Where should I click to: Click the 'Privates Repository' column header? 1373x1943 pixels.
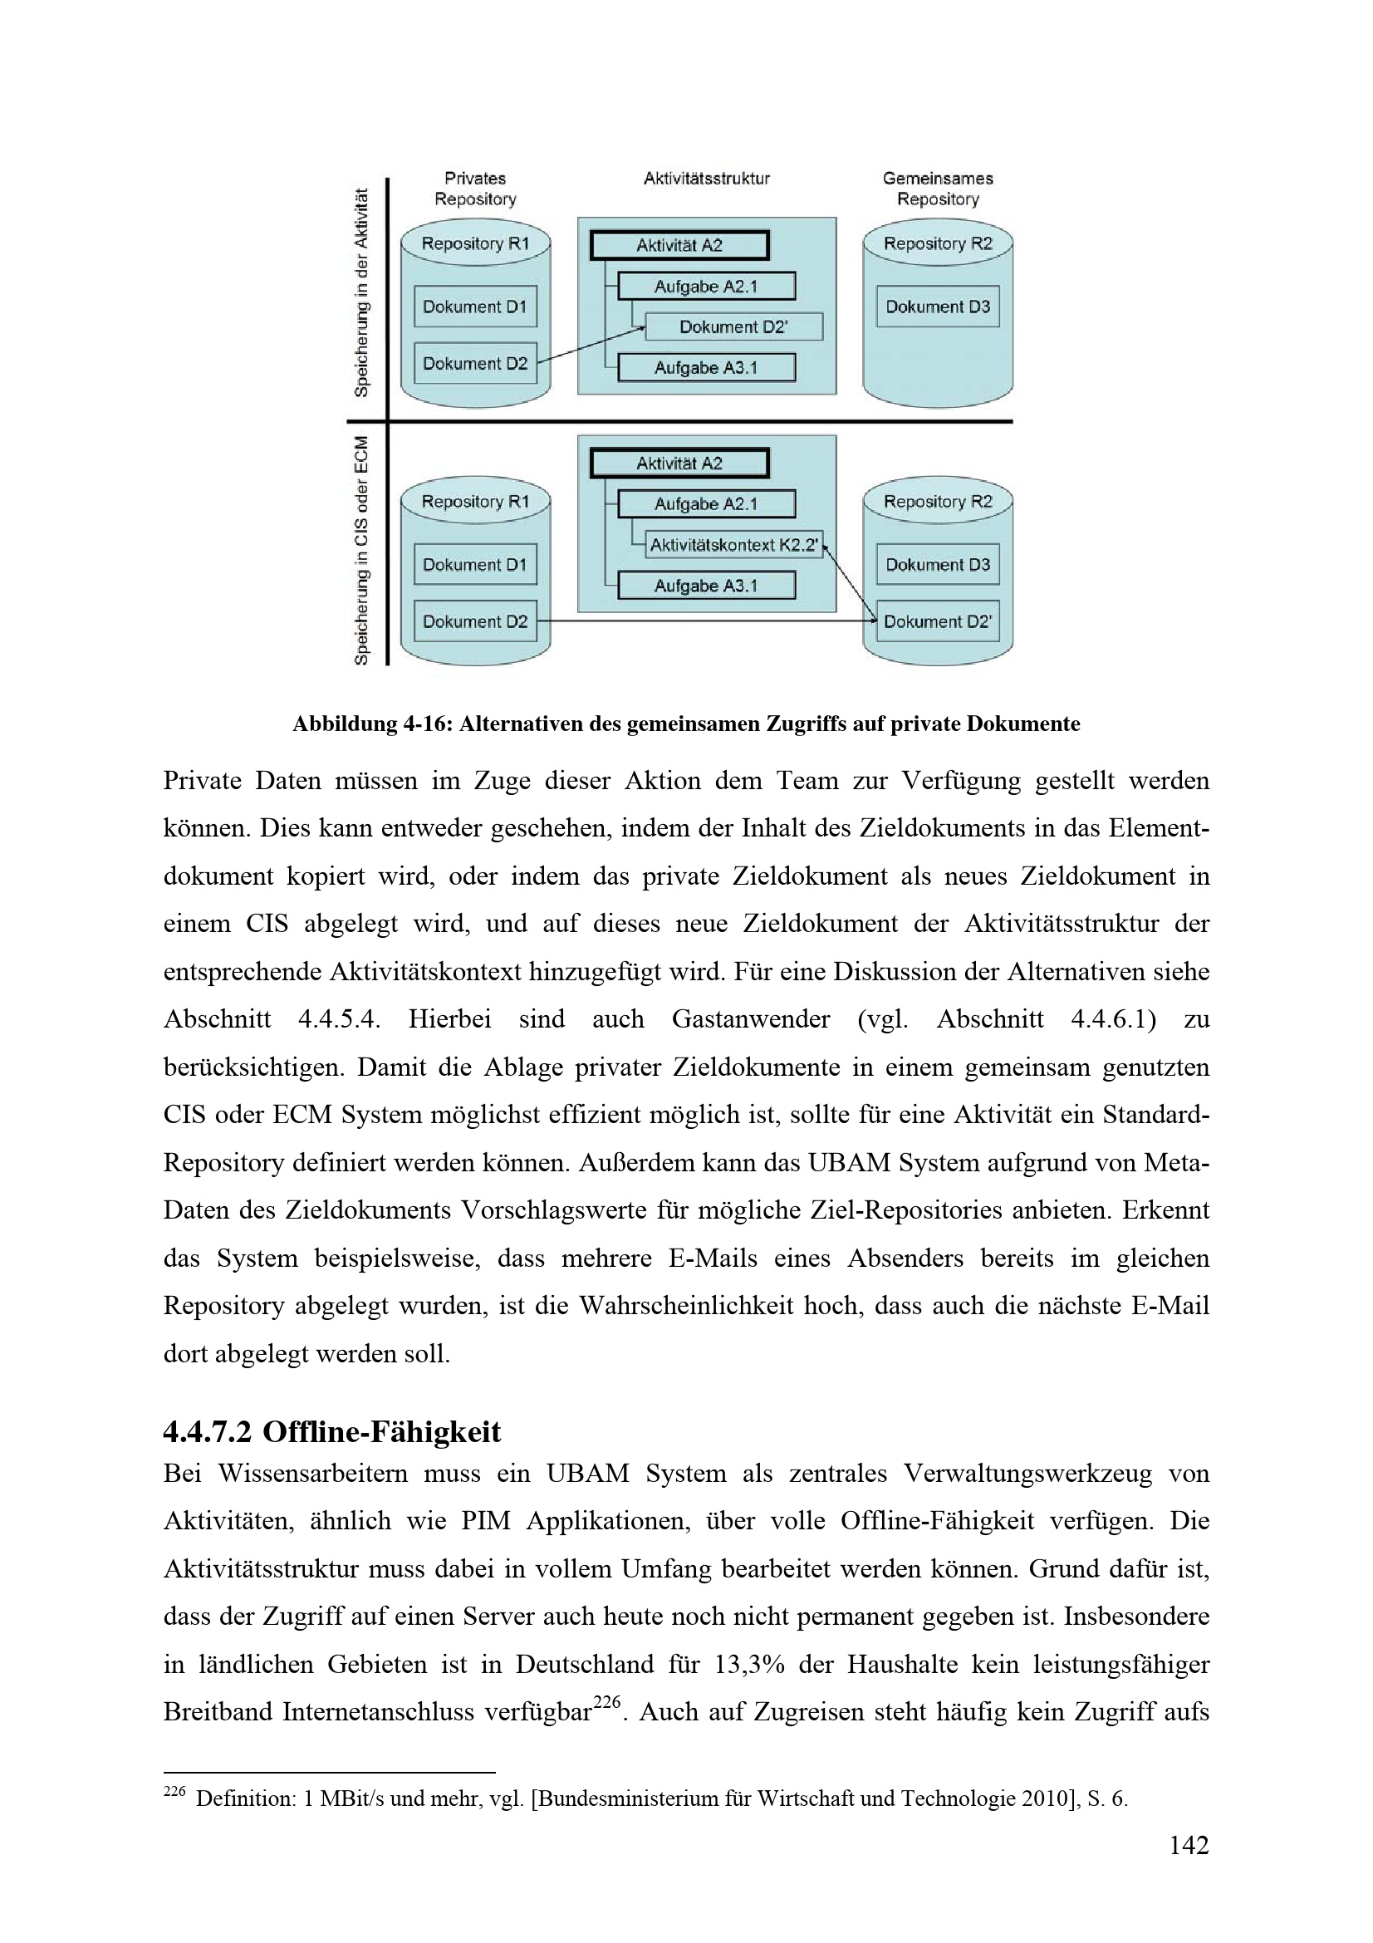tap(474, 189)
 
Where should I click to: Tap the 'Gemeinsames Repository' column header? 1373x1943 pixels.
tap(937, 189)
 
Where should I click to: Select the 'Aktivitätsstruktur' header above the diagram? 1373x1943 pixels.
tap(706, 179)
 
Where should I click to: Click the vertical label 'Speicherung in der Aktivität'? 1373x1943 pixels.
tap(362, 292)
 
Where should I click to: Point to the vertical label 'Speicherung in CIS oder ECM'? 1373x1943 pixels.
tap(362, 550)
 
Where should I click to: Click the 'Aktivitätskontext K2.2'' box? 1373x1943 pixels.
tap(733, 545)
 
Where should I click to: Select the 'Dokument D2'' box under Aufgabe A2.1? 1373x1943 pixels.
tap(733, 326)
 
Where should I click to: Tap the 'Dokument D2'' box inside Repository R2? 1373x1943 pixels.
tap(937, 621)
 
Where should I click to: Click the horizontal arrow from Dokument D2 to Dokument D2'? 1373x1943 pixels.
tap(706, 621)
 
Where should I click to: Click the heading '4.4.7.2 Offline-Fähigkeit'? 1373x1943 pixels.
tap(331, 1431)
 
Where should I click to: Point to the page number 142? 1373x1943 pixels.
tap(1189, 1845)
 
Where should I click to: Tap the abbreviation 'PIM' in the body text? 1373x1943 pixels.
tap(486, 1521)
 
